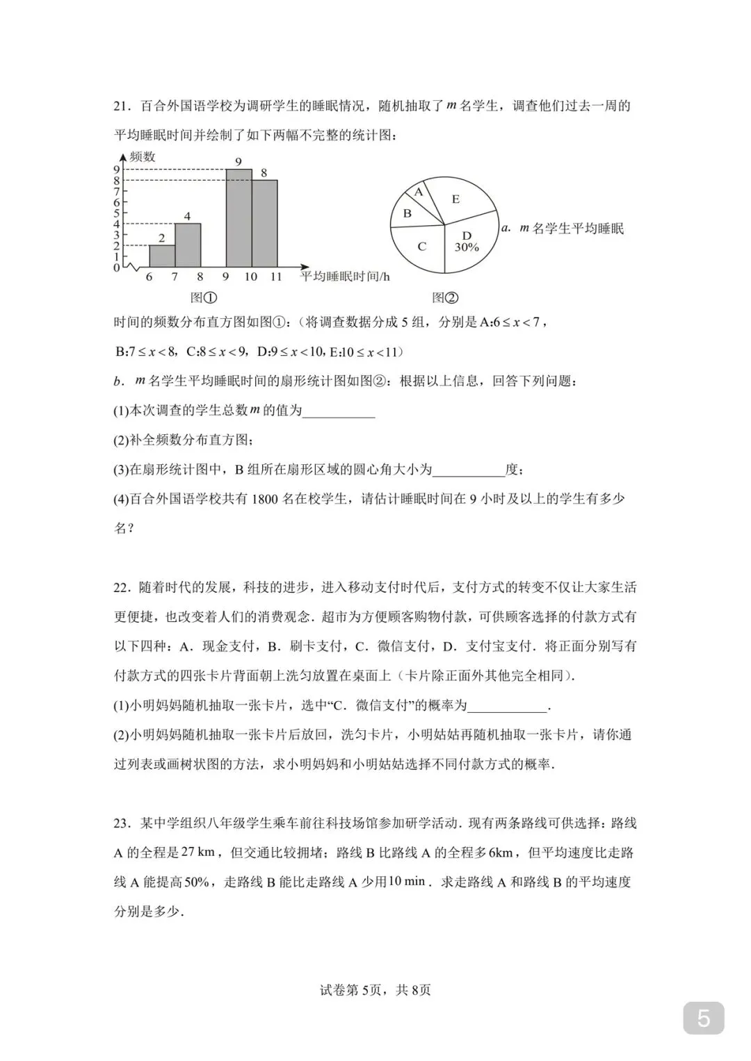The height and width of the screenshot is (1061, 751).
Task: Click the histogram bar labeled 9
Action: point(239,218)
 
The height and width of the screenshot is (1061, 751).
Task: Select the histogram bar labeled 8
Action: point(264,224)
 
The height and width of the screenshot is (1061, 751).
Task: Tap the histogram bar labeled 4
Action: point(188,245)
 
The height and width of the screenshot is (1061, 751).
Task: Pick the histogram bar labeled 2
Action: point(162,256)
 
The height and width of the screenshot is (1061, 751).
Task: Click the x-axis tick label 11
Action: point(276,277)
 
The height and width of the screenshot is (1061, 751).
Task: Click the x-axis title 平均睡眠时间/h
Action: point(345,277)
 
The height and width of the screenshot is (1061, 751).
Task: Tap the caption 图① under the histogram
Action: point(203,297)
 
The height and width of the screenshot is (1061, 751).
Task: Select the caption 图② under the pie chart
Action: point(445,297)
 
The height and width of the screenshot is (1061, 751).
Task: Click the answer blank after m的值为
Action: point(339,411)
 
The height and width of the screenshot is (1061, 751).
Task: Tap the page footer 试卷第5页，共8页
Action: point(375,990)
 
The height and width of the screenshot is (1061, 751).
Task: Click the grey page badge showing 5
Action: point(703,1019)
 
